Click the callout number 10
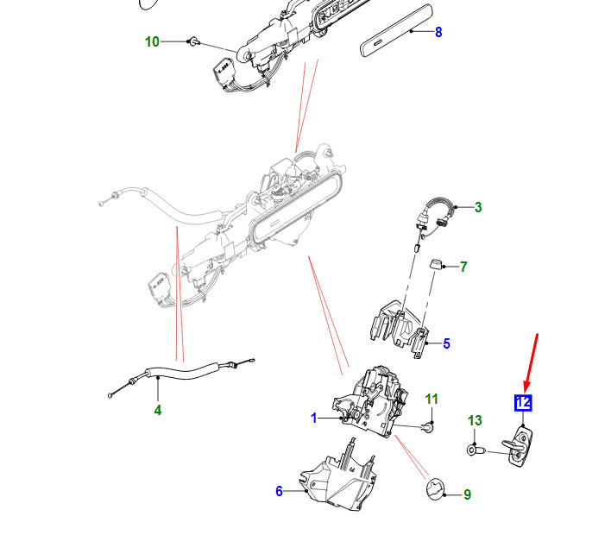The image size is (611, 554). pyautogui.click(x=152, y=41)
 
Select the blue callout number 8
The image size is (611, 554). pyautogui.click(x=438, y=32)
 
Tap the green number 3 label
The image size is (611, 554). pyautogui.click(x=478, y=207)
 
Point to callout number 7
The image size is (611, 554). pyautogui.click(x=463, y=267)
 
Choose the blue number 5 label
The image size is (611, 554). pyautogui.click(x=446, y=343)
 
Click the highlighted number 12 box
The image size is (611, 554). pyautogui.click(x=523, y=403)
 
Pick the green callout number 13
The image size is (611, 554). pyautogui.click(x=475, y=420)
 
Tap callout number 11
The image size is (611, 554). pyautogui.click(x=431, y=399)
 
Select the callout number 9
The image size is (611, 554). pyautogui.click(x=467, y=494)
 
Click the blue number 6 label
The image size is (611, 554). pyautogui.click(x=279, y=491)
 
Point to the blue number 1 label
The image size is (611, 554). pyautogui.click(x=314, y=418)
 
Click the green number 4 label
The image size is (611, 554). pyautogui.click(x=158, y=410)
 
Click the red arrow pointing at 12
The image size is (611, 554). pyautogui.click(x=532, y=362)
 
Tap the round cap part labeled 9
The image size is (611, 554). pyautogui.click(x=435, y=489)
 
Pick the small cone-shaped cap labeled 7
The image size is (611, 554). pyautogui.click(x=436, y=264)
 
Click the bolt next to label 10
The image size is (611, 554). pyautogui.click(x=193, y=41)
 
